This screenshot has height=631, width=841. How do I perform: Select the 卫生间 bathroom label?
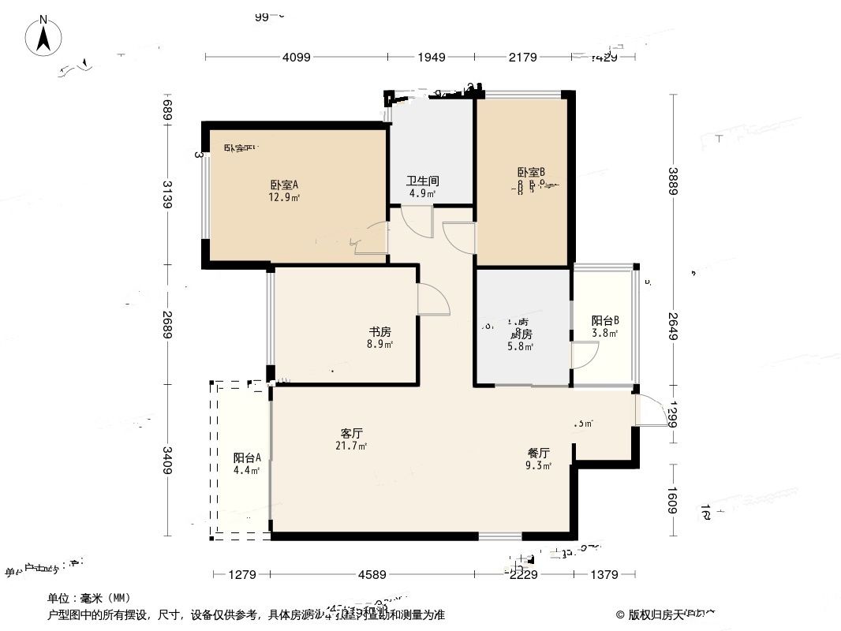point(423,181)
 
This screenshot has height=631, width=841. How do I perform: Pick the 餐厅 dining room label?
point(539,454)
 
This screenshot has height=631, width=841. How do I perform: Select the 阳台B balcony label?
point(605,321)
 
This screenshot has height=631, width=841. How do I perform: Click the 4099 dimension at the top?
point(297,57)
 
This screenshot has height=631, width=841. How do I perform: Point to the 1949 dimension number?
point(432,57)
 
